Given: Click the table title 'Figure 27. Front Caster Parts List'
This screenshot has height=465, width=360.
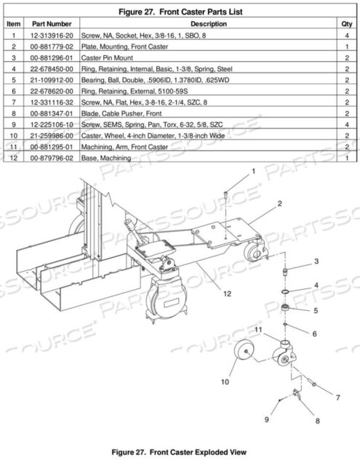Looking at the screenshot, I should coord(180,12).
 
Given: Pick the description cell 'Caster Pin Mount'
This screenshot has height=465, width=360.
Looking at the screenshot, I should coord(114,57).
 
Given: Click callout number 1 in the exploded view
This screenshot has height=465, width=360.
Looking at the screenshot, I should coord(254,171).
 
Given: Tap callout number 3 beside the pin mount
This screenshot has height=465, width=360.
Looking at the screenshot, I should coord(316,261).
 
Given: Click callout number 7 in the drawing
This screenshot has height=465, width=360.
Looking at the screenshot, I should coord(337,397).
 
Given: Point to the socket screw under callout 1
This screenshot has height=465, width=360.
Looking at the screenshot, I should coord(227,195).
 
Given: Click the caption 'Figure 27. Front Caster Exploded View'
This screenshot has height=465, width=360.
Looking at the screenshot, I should coord(180,450).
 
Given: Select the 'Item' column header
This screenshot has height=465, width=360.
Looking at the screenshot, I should coord(12,24).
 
